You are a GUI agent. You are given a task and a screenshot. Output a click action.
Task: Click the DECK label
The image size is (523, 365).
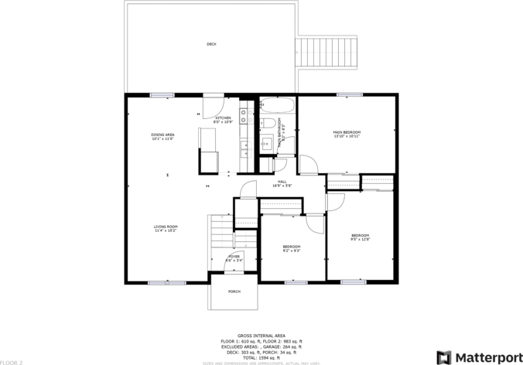(211, 44)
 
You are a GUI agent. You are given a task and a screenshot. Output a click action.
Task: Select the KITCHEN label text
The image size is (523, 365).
(223, 118)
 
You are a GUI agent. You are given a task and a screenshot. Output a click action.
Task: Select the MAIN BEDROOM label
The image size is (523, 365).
(347, 132)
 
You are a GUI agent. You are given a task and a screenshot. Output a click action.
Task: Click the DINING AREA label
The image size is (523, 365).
(162, 135)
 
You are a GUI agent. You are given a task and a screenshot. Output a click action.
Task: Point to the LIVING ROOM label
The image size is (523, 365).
(166, 227)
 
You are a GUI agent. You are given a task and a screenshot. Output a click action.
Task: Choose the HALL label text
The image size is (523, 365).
(282, 182)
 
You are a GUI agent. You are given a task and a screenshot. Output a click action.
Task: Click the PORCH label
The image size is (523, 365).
(234, 292)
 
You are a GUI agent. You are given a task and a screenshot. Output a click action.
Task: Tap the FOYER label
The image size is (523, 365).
(234, 256)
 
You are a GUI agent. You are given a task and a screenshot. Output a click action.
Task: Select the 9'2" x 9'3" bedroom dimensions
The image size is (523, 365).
(291, 251)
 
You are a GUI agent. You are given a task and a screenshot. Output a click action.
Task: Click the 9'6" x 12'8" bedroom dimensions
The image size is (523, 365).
(361, 240)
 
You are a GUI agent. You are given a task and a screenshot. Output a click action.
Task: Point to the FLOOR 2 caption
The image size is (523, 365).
(12, 362)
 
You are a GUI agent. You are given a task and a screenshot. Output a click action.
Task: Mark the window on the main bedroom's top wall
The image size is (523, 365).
(349, 95)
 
